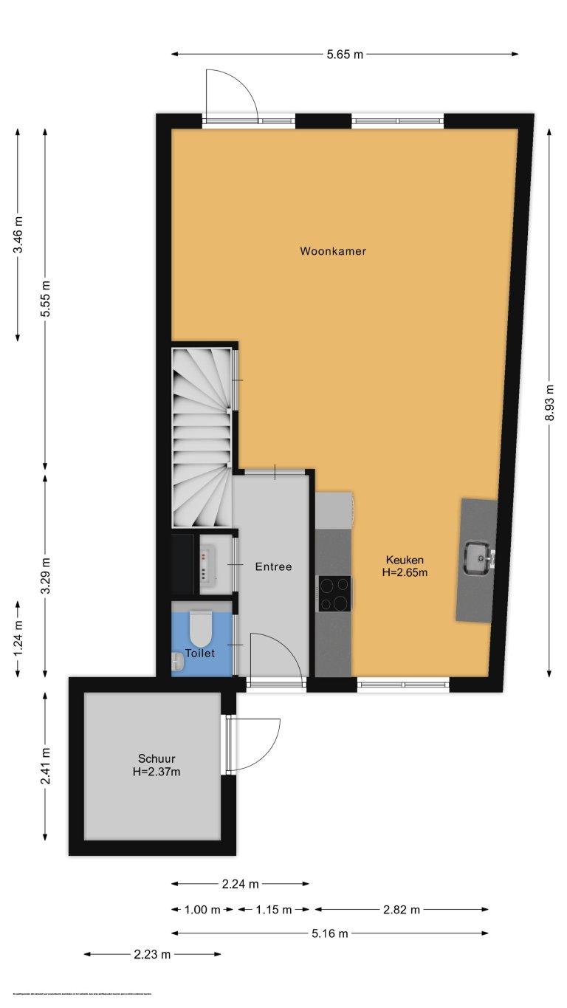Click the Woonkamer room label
[333, 251]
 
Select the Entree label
[273, 567]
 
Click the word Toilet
[199, 654]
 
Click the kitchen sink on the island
[477, 558]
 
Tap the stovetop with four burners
[334, 594]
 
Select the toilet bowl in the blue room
[201, 628]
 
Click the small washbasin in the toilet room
[177, 662]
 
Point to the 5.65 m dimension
[345, 54]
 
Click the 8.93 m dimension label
[549, 402]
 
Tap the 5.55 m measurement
[46, 299]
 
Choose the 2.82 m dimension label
[402, 909]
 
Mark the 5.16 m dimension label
[330, 933]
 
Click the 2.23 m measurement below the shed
[152, 954]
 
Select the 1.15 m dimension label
[274, 909]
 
